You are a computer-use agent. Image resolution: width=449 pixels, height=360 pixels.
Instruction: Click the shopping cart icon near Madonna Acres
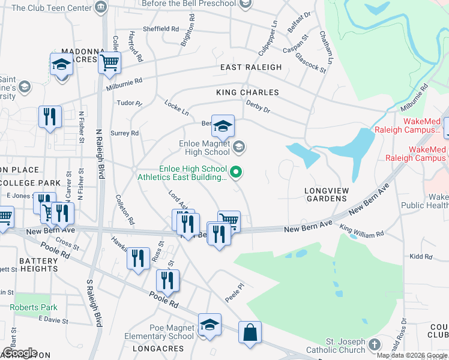click(x=110, y=61)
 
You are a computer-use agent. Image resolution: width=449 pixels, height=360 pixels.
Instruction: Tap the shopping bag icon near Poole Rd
click(x=250, y=332)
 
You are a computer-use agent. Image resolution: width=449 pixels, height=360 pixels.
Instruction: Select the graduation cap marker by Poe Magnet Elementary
click(x=209, y=325)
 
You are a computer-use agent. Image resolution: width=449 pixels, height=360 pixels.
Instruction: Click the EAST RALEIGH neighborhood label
click(x=250, y=67)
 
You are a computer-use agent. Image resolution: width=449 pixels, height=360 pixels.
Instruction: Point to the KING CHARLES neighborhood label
click(x=247, y=92)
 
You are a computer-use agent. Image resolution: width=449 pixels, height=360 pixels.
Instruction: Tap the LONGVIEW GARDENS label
click(x=326, y=196)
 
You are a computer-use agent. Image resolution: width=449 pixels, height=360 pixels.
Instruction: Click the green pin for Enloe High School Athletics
click(x=237, y=173)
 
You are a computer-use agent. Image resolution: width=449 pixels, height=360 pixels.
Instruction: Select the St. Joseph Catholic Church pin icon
click(x=375, y=344)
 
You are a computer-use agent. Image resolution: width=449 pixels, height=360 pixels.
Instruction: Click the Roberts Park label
click(x=35, y=307)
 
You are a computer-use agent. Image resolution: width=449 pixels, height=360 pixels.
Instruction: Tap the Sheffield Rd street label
click(x=161, y=28)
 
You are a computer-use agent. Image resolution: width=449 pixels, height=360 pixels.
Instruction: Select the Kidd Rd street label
click(x=421, y=256)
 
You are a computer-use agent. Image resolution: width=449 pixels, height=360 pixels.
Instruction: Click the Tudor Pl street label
click(x=129, y=103)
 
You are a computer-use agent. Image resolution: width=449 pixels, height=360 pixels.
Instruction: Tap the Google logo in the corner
click(x=20, y=353)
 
